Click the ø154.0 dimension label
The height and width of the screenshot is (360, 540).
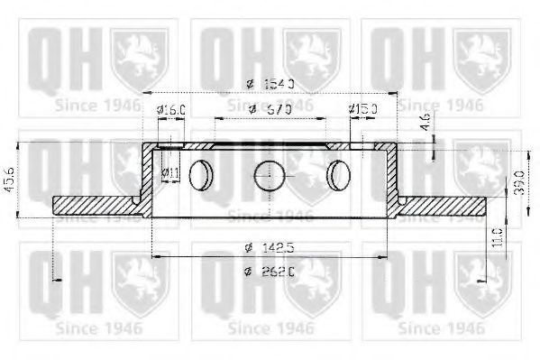(270, 84)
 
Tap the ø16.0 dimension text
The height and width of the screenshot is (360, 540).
(171, 110)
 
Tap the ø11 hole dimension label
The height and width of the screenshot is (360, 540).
(169, 171)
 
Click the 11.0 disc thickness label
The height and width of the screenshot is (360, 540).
(498, 241)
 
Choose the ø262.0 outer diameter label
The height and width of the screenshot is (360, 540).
(270, 272)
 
